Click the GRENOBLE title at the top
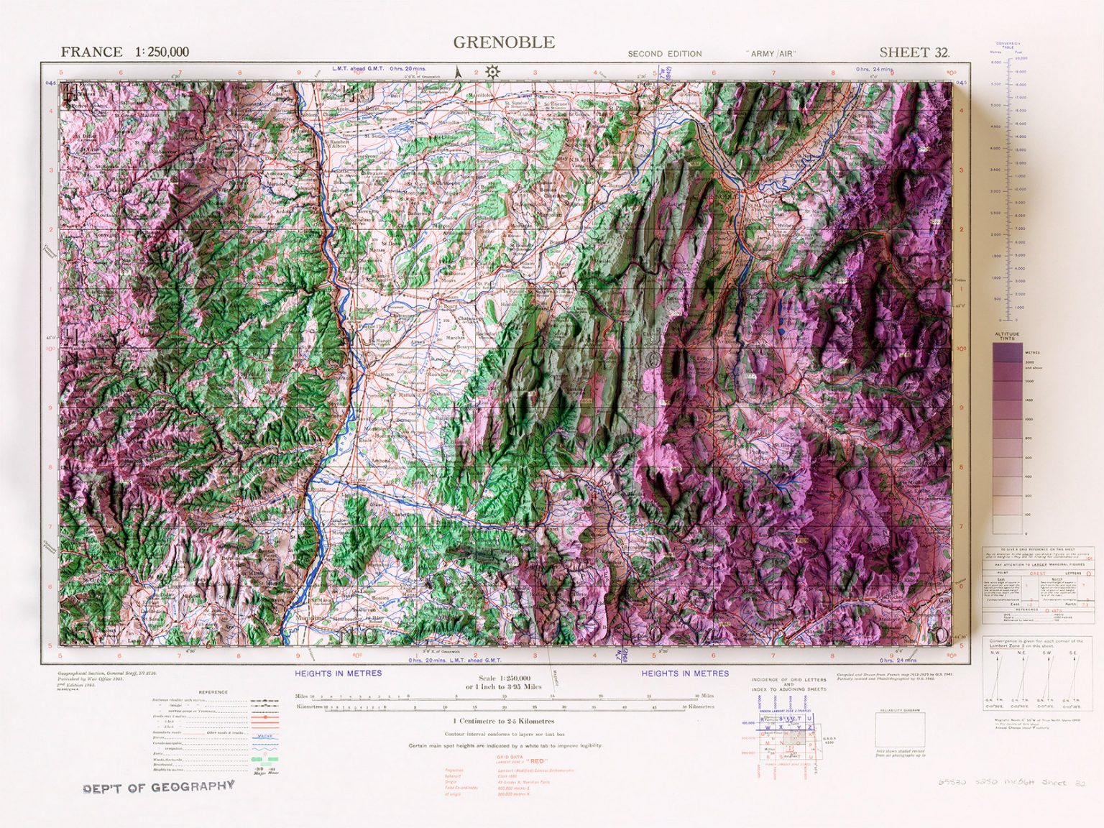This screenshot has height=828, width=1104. coord(504,42)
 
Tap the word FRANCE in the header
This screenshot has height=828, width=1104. coord(91,52)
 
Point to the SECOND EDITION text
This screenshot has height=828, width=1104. coord(664,54)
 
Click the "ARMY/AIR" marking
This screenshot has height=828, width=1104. coord(773,54)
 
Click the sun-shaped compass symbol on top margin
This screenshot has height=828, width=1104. coord(492,71)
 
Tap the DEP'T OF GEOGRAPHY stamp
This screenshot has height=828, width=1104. coord(159,787)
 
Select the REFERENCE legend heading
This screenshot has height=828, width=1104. coord(213,692)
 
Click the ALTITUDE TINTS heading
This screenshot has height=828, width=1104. coord(1007,336)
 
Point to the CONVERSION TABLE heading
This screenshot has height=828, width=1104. coord(1008,45)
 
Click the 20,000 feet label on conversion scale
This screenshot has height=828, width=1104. coord(1021,58)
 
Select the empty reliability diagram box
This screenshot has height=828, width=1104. coord(900,730)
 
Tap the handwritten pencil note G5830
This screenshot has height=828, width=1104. coord(952,783)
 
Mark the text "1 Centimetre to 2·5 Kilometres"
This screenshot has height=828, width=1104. coord(503,721)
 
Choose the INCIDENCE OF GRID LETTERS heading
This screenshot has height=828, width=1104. coord(788,679)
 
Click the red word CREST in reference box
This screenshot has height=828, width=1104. coord(1038,574)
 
